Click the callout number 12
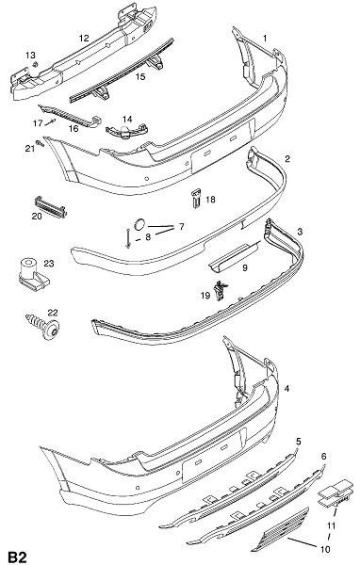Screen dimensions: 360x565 point(84,38)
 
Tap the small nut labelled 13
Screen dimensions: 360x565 point(36,64)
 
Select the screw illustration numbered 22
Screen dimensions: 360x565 point(42,326)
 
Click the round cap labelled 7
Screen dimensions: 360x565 point(139,224)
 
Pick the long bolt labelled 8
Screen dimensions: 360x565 point(127,238)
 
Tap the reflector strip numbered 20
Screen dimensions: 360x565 point(51,207)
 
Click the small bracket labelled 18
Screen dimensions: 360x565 point(196,198)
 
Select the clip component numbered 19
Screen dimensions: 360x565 point(221,291)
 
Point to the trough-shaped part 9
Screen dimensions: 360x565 point(235,256)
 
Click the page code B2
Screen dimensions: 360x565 point(18,557)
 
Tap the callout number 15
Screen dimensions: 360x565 point(140,77)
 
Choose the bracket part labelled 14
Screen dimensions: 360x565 point(126,131)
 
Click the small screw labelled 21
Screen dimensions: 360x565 point(40,143)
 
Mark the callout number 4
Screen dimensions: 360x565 point(286,388)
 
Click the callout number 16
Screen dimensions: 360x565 point(74,129)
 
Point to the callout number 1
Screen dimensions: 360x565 point(265,38)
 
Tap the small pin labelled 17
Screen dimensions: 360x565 point(50,122)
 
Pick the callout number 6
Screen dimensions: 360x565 point(323,456)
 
